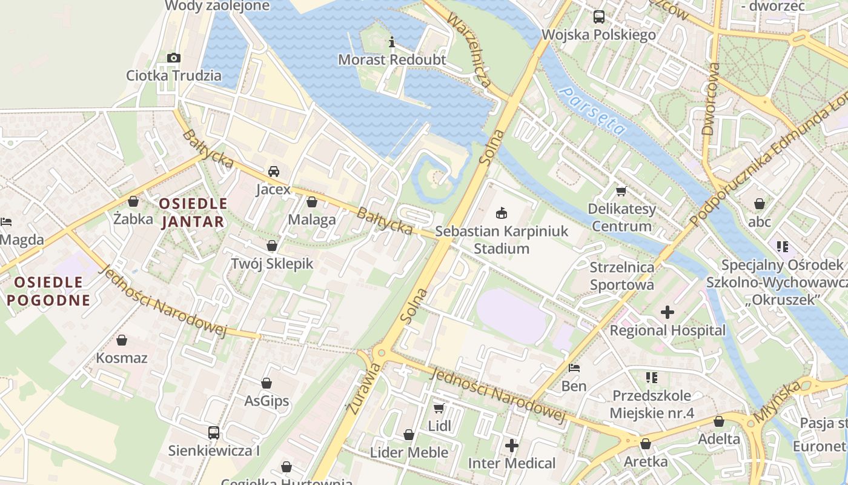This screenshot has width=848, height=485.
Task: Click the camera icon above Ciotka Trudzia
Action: [174, 58]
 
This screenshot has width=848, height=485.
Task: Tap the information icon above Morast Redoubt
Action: [392, 42]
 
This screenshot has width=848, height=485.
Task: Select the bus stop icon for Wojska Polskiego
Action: [599, 17]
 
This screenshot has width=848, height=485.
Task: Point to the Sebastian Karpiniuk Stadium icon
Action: [502, 213]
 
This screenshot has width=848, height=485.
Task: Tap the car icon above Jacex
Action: [274, 172]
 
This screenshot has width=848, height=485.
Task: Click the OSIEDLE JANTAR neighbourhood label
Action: [193, 213]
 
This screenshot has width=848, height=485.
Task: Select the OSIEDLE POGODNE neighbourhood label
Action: [48, 291]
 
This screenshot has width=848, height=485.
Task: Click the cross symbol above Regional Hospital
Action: [667, 312]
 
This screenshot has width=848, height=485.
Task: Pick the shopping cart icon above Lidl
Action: [439, 408]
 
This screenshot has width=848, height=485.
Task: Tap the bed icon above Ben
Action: [574, 368]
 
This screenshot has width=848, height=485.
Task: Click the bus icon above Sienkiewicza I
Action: [214, 433]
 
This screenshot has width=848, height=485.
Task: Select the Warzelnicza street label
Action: [469, 48]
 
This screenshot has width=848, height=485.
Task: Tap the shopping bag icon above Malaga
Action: [312, 202]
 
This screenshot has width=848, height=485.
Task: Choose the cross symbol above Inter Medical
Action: [512, 446]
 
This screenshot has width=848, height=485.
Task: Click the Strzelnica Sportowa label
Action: [622, 276]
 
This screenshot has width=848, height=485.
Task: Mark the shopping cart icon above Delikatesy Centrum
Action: [621, 192]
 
